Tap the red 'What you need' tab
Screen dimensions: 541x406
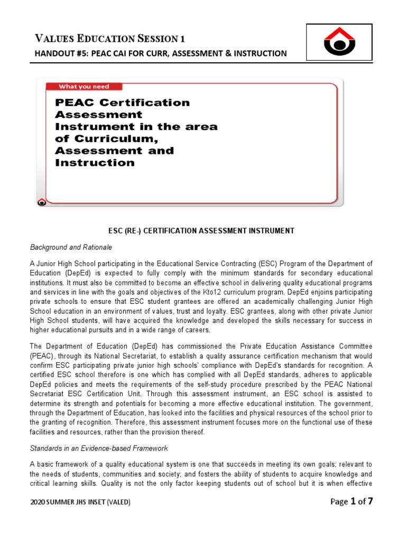coord(84,87)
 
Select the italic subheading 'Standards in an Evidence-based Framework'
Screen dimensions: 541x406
coord(99,449)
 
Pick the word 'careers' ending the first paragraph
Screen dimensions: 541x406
coord(197,330)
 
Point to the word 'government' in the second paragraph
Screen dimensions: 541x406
coord(354,404)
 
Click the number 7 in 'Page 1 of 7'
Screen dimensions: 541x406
coord(371,501)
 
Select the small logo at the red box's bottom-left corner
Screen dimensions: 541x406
coord(42,201)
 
